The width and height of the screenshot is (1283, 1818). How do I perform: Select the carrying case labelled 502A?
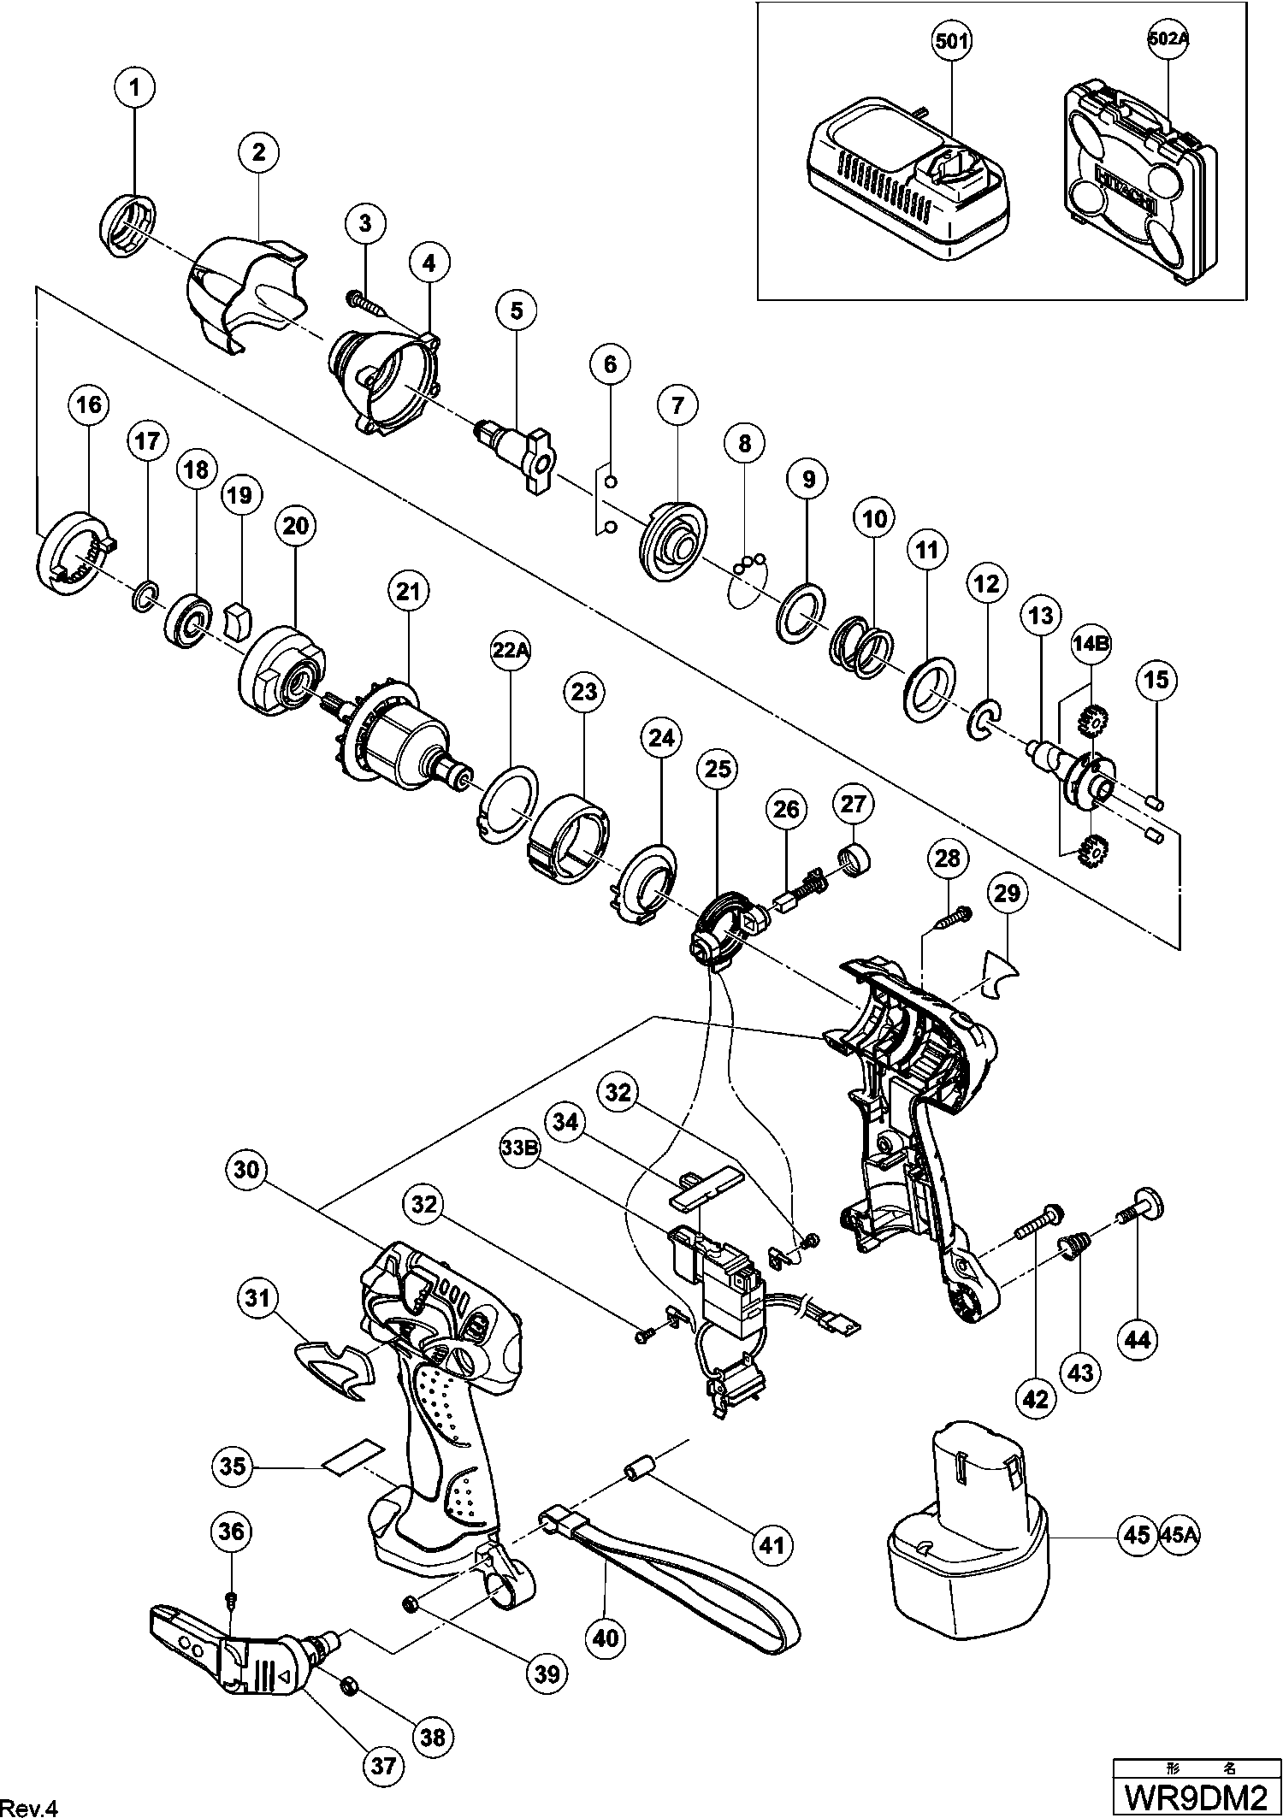pyautogui.click(x=1138, y=184)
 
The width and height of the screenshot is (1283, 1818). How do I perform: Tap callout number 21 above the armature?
pyautogui.click(x=406, y=589)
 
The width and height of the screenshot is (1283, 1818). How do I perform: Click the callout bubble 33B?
pyautogui.click(x=520, y=1148)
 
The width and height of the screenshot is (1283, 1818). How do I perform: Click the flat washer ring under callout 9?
pyautogui.click(x=802, y=612)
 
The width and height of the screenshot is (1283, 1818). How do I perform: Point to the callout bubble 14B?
pyautogui.click(x=1091, y=645)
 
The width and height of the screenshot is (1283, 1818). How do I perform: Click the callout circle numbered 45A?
pyautogui.click(x=1180, y=1535)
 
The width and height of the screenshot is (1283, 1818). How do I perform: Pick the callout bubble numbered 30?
pyautogui.click(x=245, y=1169)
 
